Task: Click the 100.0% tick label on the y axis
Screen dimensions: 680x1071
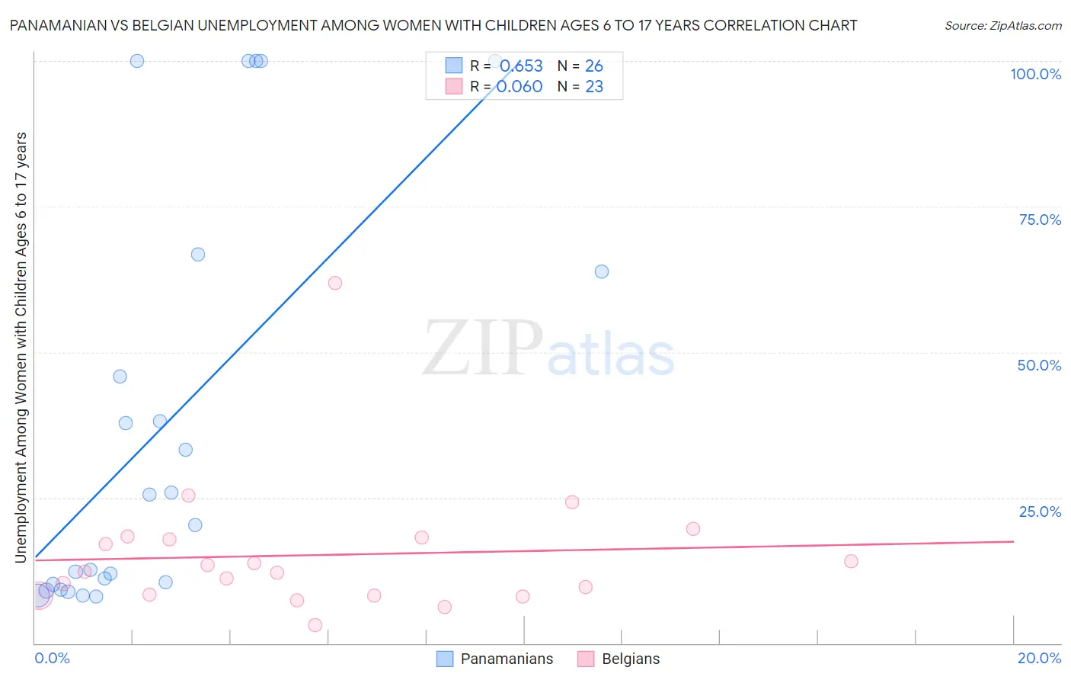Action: click(x=1035, y=74)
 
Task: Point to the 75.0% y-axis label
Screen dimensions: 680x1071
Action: click(x=1040, y=220)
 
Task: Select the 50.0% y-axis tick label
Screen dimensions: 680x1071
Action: click(x=1039, y=365)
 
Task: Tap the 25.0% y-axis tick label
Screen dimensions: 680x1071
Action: click(x=1040, y=512)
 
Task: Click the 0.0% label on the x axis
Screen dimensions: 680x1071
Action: click(x=52, y=658)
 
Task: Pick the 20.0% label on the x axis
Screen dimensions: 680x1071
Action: click(x=1039, y=658)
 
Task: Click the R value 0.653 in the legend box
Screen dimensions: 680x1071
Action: click(x=521, y=66)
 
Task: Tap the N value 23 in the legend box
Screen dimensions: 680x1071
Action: click(x=594, y=87)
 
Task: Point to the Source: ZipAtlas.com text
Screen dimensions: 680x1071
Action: click(x=1002, y=25)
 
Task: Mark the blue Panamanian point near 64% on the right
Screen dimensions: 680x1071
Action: click(x=602, y=271)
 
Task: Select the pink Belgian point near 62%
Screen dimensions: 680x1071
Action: click(x=335, y=283)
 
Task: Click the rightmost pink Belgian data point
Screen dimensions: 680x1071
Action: click(x=851, y=561)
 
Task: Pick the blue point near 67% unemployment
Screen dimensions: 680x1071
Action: click(x=198, y=255)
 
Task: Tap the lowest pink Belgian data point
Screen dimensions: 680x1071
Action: click(x=315, y=625)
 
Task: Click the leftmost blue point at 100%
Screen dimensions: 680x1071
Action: click(x=137, y=61)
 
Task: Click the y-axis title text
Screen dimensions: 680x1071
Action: click(x=21, y=348)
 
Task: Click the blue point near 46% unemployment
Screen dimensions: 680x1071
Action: click(x=120, y=377)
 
